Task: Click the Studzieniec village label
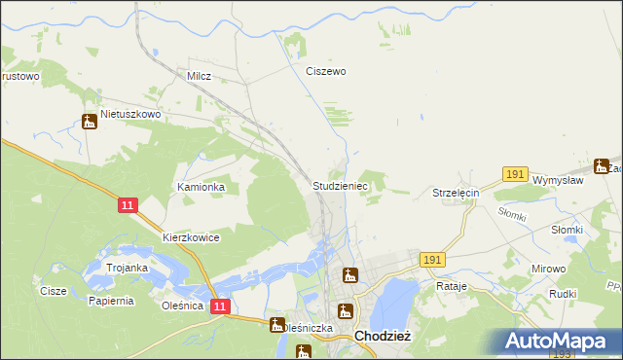tap(340, 185)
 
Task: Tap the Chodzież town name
tap(387, 336)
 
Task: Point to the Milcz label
tap(199, 75)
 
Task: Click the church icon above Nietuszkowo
tap(90, 122)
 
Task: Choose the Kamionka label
tap(202, 186)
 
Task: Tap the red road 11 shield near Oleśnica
tap(221, 306)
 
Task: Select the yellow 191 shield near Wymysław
tap(516, 174)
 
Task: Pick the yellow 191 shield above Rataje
tap(433, 260)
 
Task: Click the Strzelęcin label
tap(457, 194)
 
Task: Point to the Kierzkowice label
tap(192, 237)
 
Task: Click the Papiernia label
tap(109, 301)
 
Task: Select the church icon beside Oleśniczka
tap(277, 325)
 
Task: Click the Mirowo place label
tap(548, 268)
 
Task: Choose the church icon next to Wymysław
tap(602, 165)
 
